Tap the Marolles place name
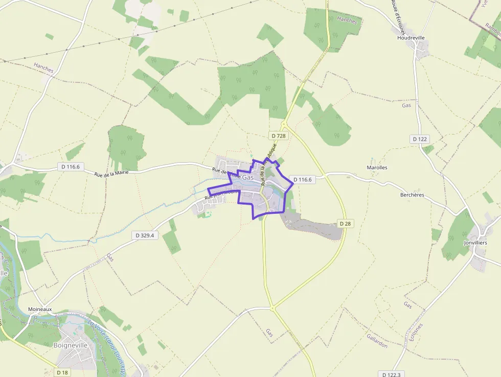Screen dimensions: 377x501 pos(377,167)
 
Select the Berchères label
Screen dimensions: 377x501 pos(413,195)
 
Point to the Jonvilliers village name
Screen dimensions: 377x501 pos(475,242)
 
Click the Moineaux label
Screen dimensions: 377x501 pos(40,309)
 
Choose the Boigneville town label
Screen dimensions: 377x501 pos(71,345)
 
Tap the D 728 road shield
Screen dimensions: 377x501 pos(278,136)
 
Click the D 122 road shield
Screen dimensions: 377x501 pos(420,139)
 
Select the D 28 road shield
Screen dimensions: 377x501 pos(345,224)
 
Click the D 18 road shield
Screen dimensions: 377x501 pos(62,372)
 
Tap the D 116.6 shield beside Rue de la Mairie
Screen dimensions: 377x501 pos(71,167)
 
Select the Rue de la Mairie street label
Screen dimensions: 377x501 pos(111,173)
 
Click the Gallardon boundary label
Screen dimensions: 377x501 pos(377,341)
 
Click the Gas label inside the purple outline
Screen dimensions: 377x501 pos(248,178)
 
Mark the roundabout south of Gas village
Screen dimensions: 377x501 pos(273,308)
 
